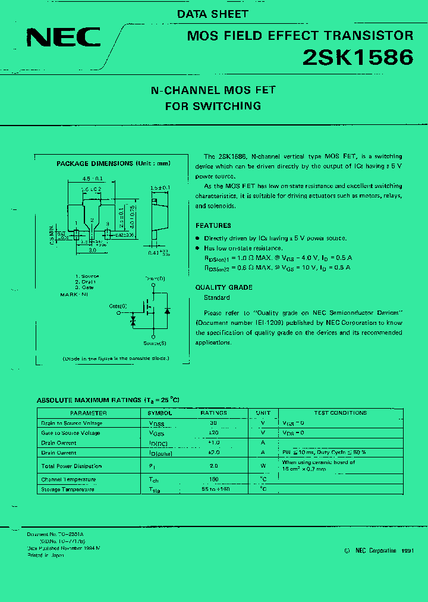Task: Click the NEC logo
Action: click(64, 37)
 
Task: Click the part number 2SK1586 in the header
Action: click(358, 57)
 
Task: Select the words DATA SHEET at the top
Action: click(212, 14)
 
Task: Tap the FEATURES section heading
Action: click(213, 225)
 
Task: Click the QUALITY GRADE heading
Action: click(224, 287)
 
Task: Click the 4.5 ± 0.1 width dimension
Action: click(93, 178)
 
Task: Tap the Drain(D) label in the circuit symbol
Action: click(155, 278)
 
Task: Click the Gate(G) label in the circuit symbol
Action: click(118, 305)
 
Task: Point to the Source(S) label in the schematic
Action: click(155, 343)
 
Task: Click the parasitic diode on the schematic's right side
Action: click(168, 311)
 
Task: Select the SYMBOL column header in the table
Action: click(160, 413)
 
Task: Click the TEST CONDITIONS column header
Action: click(340, 413)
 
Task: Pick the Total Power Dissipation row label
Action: click(71, 466)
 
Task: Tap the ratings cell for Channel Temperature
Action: click(213, 479)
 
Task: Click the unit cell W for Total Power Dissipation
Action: click(263, 466)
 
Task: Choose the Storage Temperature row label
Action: click(68, 490)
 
